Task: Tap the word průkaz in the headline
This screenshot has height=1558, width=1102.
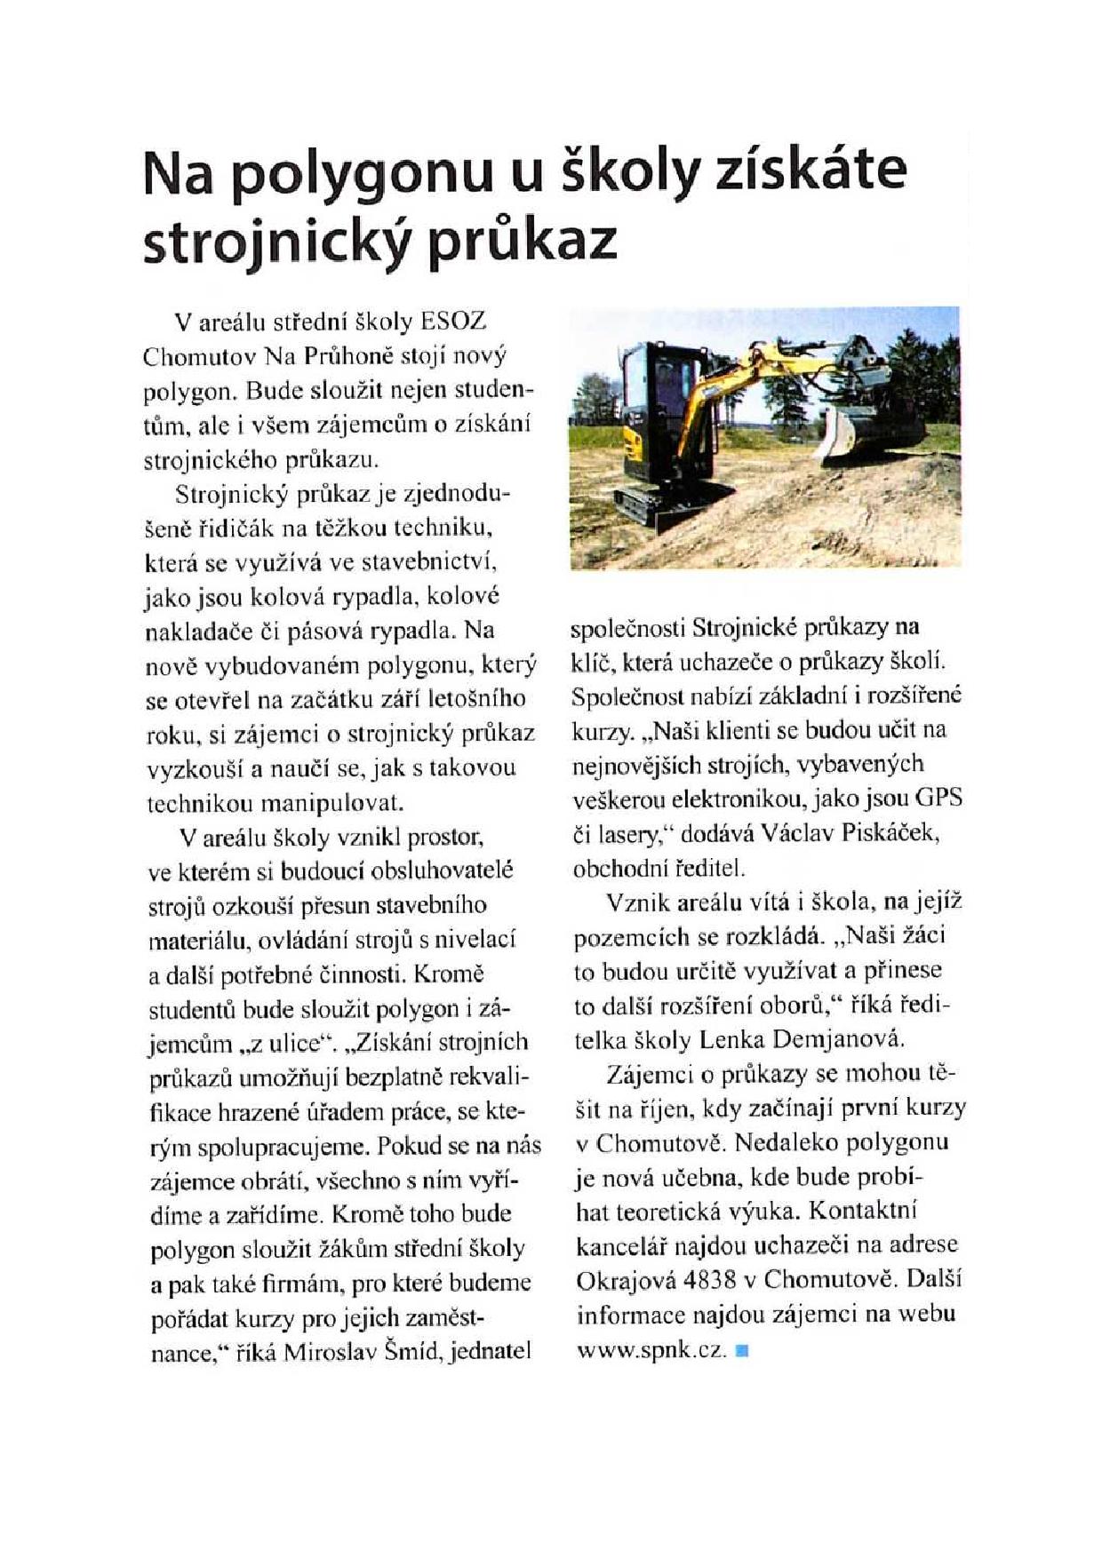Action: [x=523, y=238]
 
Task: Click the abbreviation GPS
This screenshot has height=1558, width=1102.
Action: [x=938, y=798]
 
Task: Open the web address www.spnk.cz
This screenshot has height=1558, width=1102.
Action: [x=651, y=1350]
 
